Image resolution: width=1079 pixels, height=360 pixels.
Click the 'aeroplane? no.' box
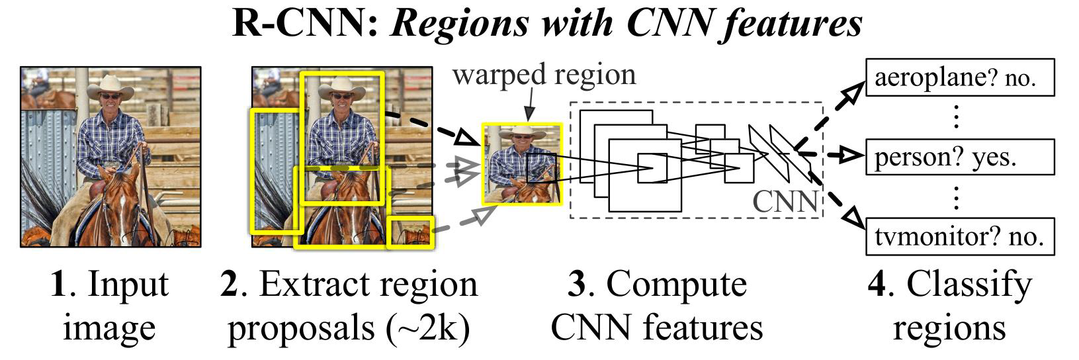[959, 78]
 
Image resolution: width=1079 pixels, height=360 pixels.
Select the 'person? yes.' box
[959, 157]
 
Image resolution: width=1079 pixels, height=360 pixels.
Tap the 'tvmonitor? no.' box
[959, 237]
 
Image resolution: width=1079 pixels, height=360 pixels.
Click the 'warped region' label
[544, 74]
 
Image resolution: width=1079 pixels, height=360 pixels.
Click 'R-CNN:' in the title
[306, 23]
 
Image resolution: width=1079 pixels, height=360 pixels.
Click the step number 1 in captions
[58, 285]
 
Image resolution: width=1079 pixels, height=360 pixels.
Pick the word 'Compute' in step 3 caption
[676, 285]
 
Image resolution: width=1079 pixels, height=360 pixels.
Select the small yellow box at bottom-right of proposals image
[410, 232]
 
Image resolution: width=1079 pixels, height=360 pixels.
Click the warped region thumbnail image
[522, 164]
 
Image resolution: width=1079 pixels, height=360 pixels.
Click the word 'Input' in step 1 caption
[128, 285]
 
